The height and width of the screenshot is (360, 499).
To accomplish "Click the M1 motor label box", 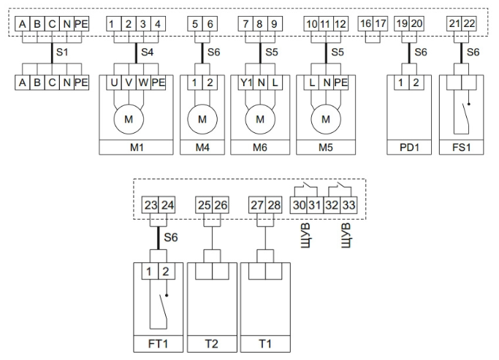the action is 136,148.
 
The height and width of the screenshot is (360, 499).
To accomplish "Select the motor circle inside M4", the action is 202,119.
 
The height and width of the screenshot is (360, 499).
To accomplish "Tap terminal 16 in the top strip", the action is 365,24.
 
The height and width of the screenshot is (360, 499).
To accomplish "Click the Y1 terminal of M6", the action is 245,83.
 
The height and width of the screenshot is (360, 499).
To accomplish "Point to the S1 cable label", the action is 62,52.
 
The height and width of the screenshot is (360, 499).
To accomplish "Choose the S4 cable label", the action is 147,52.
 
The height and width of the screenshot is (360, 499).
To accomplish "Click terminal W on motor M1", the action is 143,83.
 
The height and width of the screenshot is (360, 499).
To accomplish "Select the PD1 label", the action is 409,148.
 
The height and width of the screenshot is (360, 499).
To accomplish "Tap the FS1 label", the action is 462,148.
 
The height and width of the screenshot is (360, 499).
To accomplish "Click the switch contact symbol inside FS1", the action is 465,118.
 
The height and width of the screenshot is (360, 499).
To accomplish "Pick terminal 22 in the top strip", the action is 469,24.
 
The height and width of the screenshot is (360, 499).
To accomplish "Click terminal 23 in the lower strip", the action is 151,205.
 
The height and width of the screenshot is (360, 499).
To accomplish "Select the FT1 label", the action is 158,344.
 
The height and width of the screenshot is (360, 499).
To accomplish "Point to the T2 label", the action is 212,344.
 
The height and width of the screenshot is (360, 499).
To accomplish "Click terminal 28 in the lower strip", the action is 274,205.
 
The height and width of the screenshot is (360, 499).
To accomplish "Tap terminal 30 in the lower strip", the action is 299,205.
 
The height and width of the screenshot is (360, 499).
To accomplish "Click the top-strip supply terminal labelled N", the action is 66,24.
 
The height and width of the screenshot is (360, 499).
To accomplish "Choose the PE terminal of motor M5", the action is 341,83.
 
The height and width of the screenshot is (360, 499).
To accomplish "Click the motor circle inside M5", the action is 326,119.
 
